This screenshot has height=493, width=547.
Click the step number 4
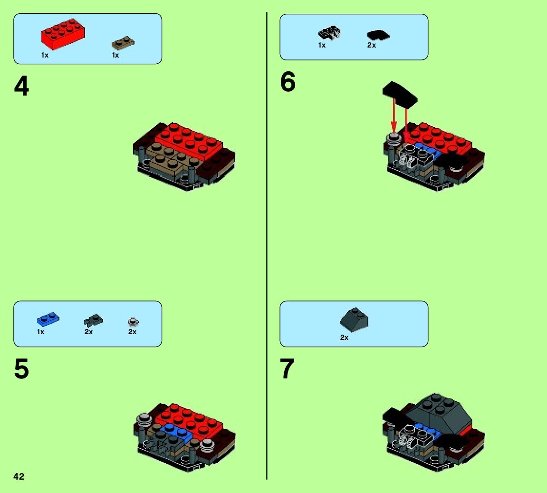tap(21, 87)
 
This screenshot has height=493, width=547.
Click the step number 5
tap(21, 369)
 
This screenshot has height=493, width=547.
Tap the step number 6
tap(288, 82)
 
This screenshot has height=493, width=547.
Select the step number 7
tap(288, 369)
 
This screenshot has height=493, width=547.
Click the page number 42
tap(19, 476)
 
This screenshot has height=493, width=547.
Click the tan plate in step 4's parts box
tap(123, 43)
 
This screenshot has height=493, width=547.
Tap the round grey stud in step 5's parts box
tap(133, 322)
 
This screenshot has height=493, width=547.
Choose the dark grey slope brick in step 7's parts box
tap(354, 319)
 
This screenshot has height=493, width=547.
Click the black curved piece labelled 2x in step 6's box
tap(378, 35)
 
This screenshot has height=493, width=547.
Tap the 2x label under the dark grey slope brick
tap(344, 338)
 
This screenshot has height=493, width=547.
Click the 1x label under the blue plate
tap(40, 332)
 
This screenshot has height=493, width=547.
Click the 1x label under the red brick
tap(45, 55)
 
